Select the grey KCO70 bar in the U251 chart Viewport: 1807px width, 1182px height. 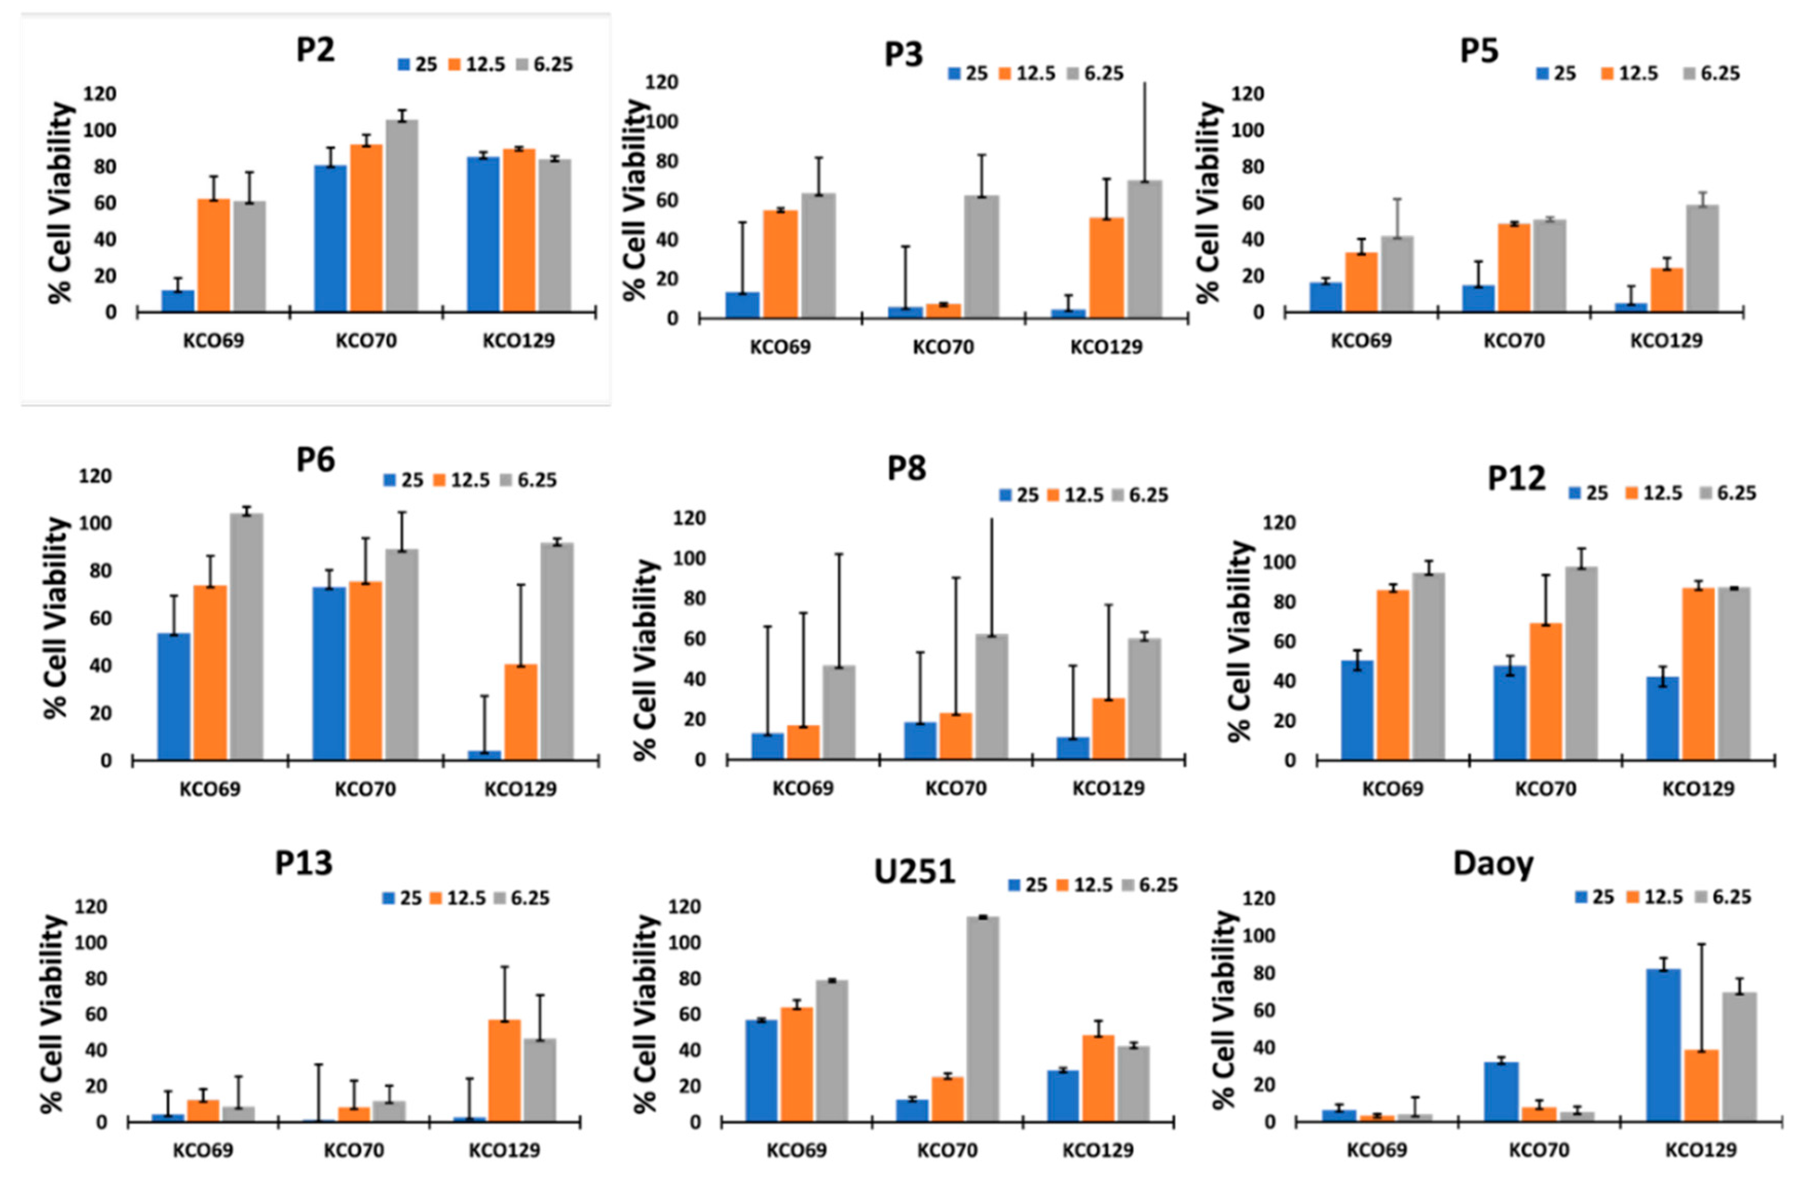click(x=983, y=1019)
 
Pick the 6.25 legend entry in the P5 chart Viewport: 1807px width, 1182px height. click(x=1720, y=73)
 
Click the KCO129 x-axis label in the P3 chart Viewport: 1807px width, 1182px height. click(x=1106, y=348)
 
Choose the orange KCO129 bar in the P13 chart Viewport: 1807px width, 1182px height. click(x=504, y=1070)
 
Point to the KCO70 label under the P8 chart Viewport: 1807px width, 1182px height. click(x=955, y=788)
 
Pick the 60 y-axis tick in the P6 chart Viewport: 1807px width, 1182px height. click(x=95, y=618)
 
